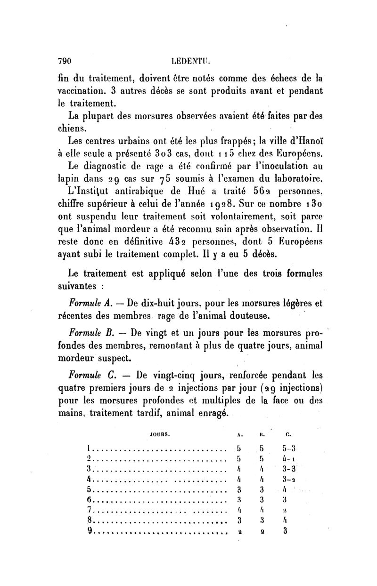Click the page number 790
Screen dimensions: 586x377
(64, 61)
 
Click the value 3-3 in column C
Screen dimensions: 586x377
(288, 469)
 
